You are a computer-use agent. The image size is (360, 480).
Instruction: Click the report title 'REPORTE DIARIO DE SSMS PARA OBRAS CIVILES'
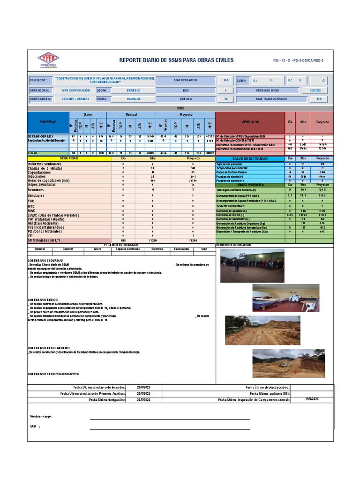point(176,60)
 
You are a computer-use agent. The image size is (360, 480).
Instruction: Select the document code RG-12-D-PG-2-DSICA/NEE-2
point(298,61)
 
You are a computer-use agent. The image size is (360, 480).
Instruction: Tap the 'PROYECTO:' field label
point(38,80)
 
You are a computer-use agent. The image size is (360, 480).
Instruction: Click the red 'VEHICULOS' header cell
point(250,122)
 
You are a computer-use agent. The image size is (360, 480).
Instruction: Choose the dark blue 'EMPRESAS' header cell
point(48,122)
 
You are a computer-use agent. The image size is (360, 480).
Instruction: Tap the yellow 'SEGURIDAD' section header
point(69,158)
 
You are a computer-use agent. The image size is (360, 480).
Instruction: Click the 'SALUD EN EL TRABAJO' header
point(250,159)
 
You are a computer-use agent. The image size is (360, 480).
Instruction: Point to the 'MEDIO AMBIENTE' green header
point(250,185)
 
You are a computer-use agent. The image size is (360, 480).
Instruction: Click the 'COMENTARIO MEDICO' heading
point(43,299)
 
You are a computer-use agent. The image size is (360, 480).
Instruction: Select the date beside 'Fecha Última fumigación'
point(144,400)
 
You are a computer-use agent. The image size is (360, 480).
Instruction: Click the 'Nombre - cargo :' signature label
point(41,416)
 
